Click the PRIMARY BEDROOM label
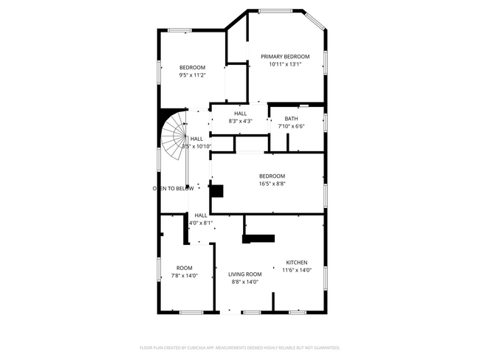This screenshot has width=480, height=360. coord(285,57)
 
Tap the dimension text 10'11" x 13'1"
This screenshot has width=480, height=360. coord(285,64)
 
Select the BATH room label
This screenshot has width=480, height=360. coord(291,118)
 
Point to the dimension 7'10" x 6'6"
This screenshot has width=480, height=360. coord(291,126)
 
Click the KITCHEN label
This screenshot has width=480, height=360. coord(297,263)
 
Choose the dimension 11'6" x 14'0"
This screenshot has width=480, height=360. coord(297,270)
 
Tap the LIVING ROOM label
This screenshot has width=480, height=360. coord(244,274)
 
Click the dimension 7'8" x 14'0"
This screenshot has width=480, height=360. coord(184,275)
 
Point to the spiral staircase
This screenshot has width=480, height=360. coord(175,138)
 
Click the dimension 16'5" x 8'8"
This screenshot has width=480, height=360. coord(272,184)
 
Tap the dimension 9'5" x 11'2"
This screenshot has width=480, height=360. coord(192,75)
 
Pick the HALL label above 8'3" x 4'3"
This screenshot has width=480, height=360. coord(241,113)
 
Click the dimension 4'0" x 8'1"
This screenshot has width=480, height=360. coord(201,223)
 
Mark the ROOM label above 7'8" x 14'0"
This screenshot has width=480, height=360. coord(184,268)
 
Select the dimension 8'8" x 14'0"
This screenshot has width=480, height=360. coord(244,281)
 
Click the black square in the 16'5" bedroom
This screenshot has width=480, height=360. coord(216,190)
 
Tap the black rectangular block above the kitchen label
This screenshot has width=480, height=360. coord(258,238)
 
